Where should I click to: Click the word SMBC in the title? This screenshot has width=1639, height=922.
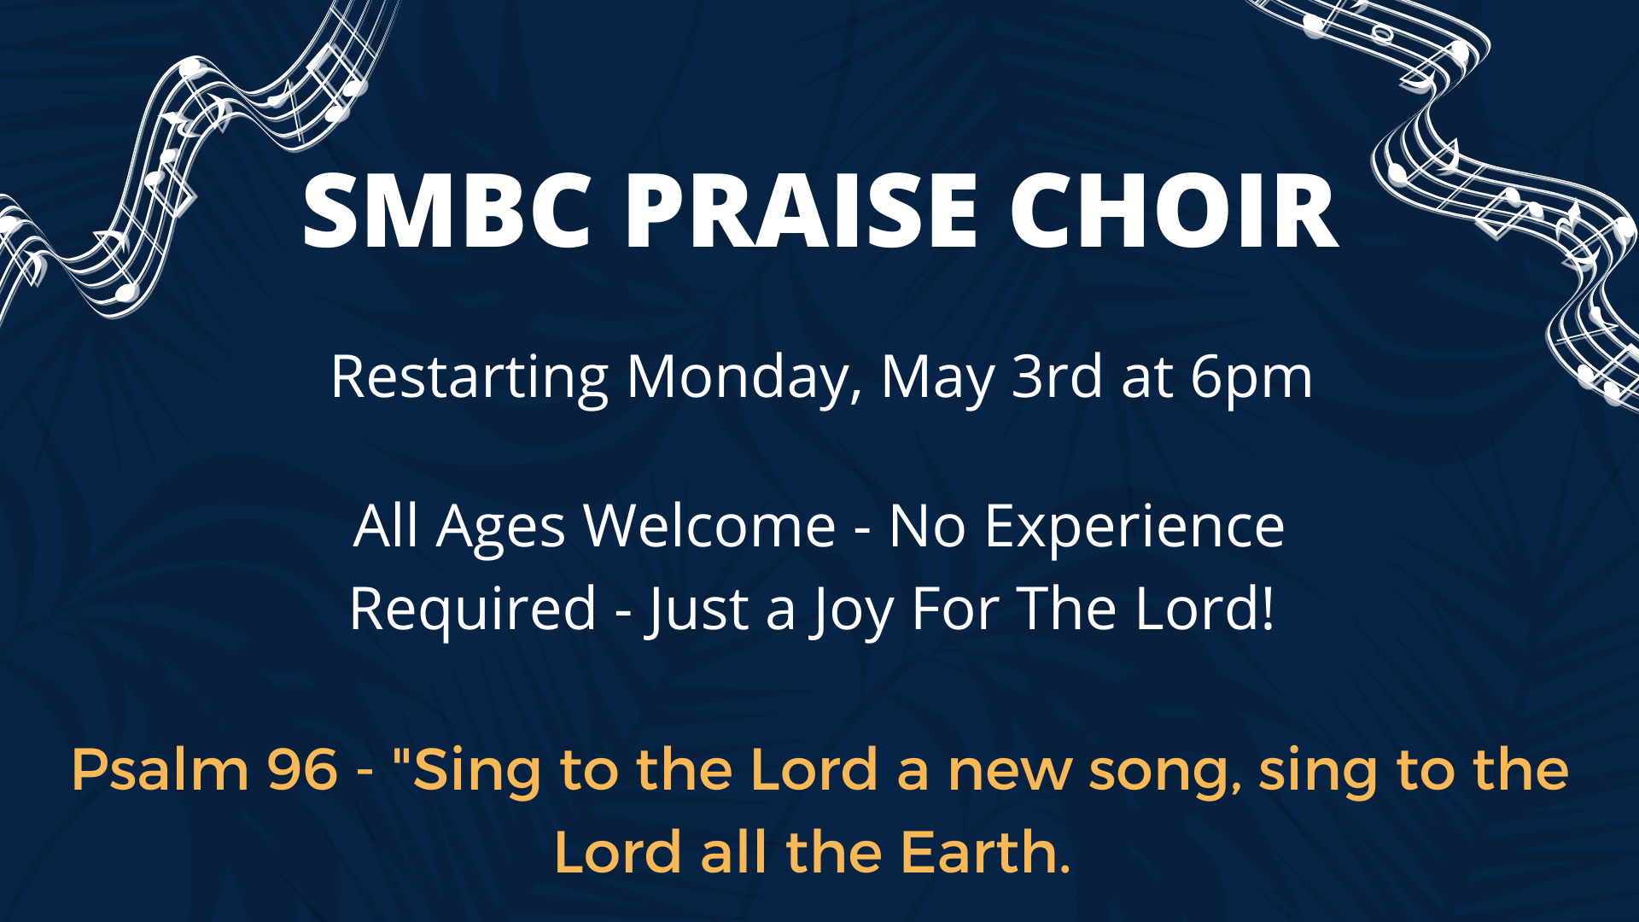point(446,211)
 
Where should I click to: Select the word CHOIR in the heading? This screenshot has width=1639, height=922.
point(1174,211)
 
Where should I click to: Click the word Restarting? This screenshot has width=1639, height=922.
point(469,377)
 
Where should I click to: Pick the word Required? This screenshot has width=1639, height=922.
point(473,610)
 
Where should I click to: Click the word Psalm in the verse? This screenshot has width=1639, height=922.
point(160,770)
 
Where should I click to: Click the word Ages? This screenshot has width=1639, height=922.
point(500,528)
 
